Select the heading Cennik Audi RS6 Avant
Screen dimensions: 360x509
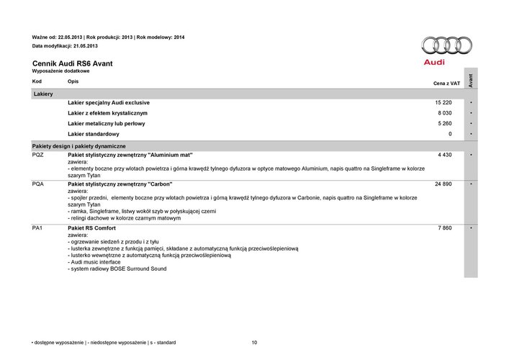pos(72,63)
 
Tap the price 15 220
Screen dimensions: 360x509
pos(443,103)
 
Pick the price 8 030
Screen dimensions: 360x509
pos(445,114)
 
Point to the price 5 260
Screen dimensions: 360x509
pos(445,124)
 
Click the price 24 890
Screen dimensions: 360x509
pos(443,184)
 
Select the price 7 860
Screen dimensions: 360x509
pos(445,228)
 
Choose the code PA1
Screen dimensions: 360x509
pos(38,228)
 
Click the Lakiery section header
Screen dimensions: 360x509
pos(43,94)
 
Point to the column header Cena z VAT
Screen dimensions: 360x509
pos(446,84)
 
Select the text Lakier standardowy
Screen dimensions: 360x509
pos(94,134)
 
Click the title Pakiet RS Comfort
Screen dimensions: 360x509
pos(91,228)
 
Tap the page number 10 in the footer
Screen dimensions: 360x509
pos(254,342)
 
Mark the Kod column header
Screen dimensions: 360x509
pos(37,81)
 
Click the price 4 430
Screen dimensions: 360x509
pos(445,155)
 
